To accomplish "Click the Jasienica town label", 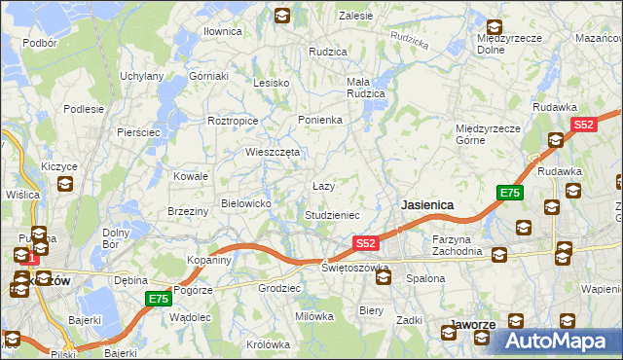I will [427, 205].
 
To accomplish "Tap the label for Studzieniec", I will [333, 215].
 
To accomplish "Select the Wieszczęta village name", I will [273, 152].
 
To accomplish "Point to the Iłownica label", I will [222, 31].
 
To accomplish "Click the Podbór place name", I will [40, 43].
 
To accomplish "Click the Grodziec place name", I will [278, 289].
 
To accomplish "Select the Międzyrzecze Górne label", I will [489, 133].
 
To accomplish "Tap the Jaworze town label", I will [475, 324].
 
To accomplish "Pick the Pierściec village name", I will [138, 131].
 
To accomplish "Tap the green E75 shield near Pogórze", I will [160, 300].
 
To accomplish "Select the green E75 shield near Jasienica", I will [509, 194].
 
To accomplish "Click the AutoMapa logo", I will [558, 341].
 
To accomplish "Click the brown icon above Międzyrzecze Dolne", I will [495, 27].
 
